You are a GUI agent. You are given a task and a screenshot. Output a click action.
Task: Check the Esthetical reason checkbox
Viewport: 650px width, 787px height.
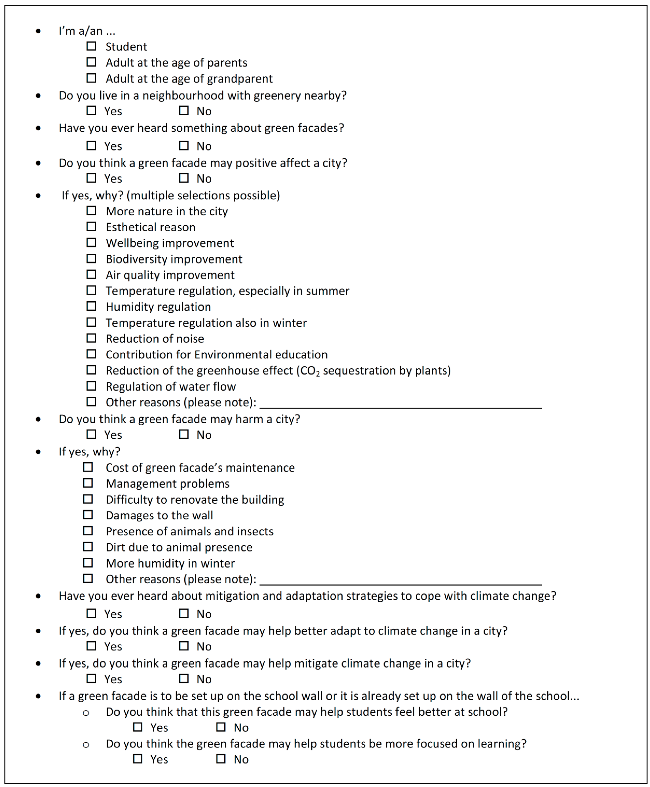[x=91, y=226]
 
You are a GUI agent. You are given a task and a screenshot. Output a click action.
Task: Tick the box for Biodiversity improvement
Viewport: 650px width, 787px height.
[x=91, y=258]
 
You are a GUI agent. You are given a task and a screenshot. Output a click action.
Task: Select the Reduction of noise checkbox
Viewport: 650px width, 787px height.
[x=91, y=338]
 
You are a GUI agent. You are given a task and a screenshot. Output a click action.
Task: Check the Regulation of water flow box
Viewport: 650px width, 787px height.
[x=91, y=386]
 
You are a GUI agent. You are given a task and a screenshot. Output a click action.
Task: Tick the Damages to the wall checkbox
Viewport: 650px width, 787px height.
[x=88, y=515]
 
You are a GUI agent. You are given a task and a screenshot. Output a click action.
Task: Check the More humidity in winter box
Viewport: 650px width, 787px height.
[x=88, y=563]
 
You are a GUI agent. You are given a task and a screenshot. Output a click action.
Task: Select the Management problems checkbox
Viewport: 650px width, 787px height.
[x=88, y=483]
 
